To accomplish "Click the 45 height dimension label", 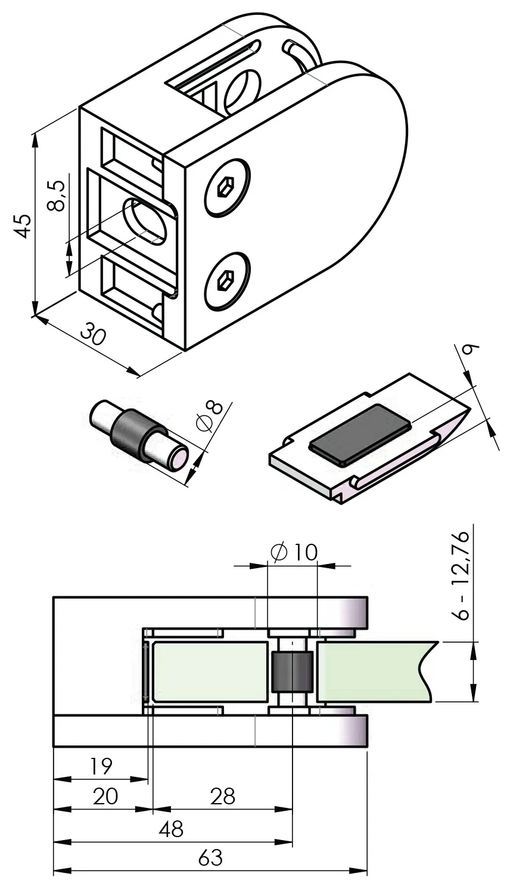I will click(22, 225).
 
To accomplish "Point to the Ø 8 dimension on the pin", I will click(209, 414).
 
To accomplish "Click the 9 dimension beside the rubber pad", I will click(471, 351).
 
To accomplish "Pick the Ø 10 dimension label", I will click(294, 552).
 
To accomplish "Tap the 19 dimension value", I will click(101, 766).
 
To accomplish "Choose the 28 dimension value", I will click(223, 795).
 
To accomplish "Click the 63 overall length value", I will click(210, 858).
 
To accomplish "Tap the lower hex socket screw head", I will click(227, 280).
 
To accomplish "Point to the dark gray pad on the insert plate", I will click(360, 434).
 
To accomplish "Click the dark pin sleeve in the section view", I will click(292, 671).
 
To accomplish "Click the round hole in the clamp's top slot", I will click(242, 91).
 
